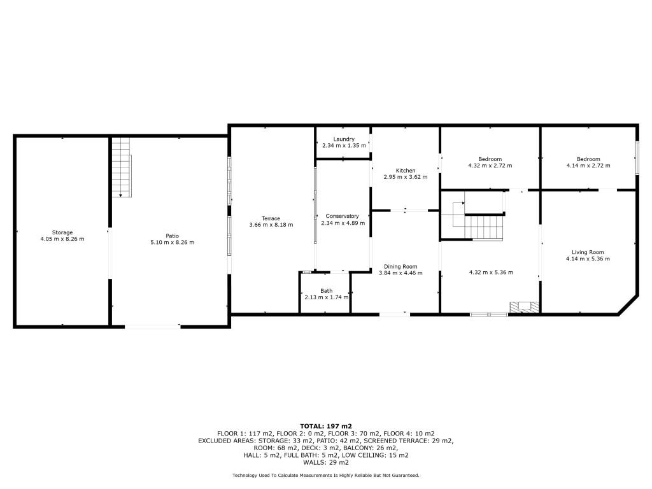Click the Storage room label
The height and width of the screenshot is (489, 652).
62,232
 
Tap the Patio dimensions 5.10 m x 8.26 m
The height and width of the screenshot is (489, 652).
172,243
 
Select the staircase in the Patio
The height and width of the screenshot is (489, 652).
122,167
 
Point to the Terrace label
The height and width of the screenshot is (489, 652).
271,218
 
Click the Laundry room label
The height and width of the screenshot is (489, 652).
344,139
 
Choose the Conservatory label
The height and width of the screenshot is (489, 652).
342,216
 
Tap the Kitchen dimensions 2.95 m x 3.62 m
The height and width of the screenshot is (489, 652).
406,177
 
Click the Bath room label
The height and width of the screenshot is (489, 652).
327,291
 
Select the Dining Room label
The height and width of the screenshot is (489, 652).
400,267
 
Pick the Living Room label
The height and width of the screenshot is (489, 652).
588,252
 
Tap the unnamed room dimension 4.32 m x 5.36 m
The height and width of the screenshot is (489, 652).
491,273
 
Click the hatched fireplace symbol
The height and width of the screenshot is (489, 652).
525,307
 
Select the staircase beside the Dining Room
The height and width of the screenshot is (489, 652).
478,220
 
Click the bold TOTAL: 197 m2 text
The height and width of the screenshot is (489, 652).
326,426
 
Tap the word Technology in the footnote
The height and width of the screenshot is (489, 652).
244,475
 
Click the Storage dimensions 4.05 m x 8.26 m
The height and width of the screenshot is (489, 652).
62,239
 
